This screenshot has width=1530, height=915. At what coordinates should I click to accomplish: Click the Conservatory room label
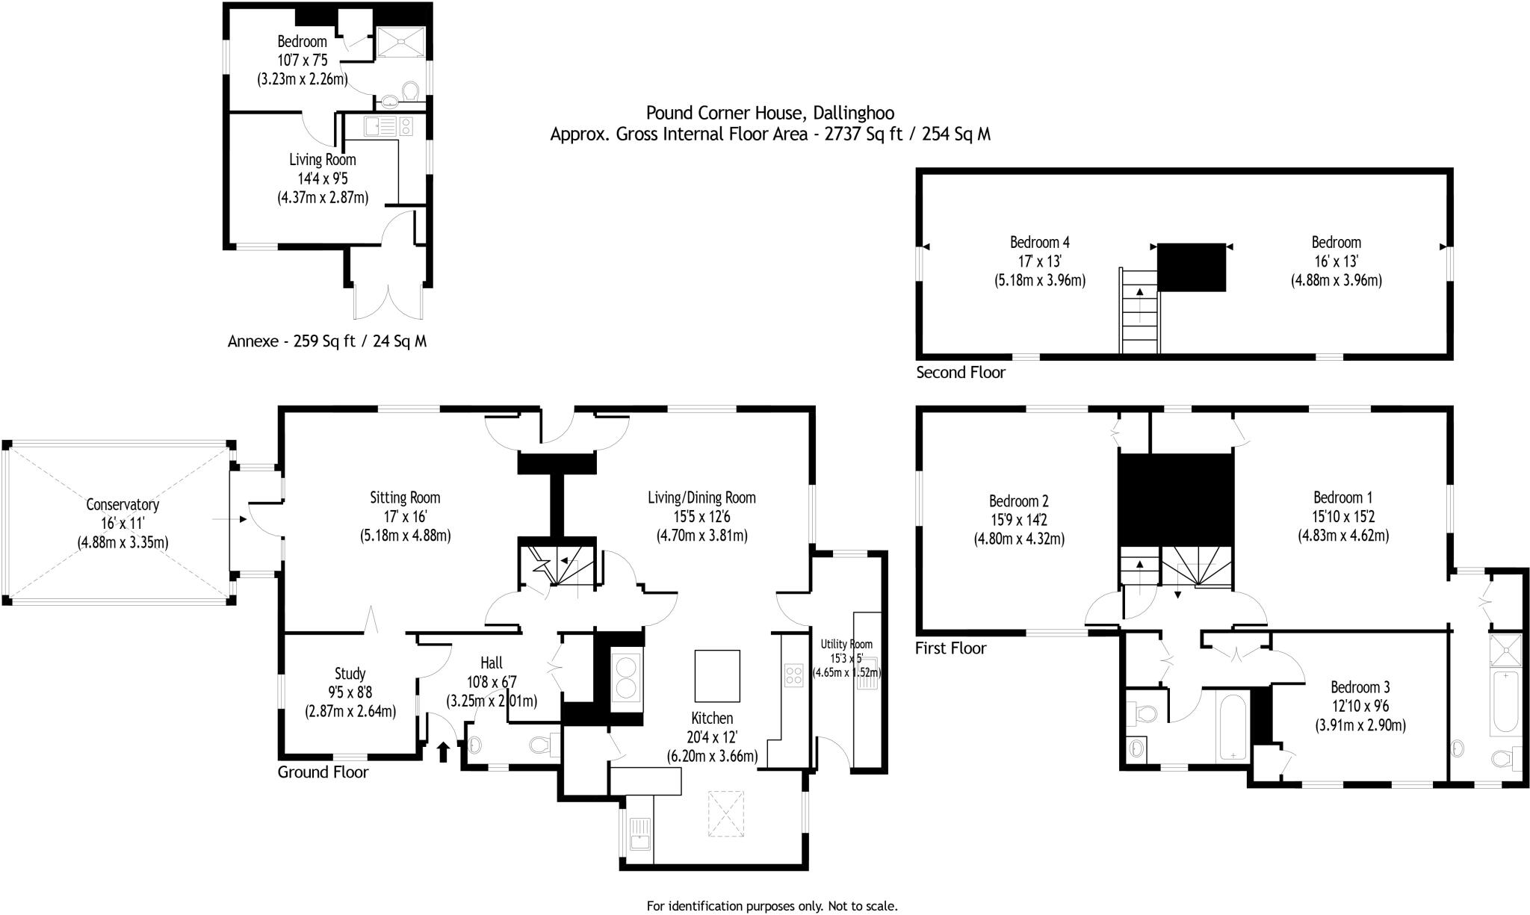point(123,504)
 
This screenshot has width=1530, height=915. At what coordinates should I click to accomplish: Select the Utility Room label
point(846,644)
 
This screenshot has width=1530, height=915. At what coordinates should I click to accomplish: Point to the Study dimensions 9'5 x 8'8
point(350,692)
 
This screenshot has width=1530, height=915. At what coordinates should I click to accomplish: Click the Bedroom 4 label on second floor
point(1039,242)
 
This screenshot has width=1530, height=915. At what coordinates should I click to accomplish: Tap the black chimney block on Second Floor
point(1192,267)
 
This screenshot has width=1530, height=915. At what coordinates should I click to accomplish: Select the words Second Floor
point(961,372)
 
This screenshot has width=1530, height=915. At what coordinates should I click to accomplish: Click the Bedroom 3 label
point(1360,686)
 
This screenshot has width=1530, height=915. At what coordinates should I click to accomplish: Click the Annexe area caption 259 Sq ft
point(327,341)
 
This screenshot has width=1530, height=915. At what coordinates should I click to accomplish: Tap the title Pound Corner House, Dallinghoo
point(769,113)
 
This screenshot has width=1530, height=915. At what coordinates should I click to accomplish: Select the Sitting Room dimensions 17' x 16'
point(405,516)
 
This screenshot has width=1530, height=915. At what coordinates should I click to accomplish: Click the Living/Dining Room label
point(701,497)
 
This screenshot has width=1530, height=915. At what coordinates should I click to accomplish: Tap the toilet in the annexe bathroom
point(409,91)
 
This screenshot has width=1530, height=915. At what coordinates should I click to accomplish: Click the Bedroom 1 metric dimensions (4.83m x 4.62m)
point(1343,536)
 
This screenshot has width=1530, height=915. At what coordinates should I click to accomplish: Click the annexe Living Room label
point(323,159)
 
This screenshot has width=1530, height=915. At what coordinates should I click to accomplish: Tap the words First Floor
point(950,648)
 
